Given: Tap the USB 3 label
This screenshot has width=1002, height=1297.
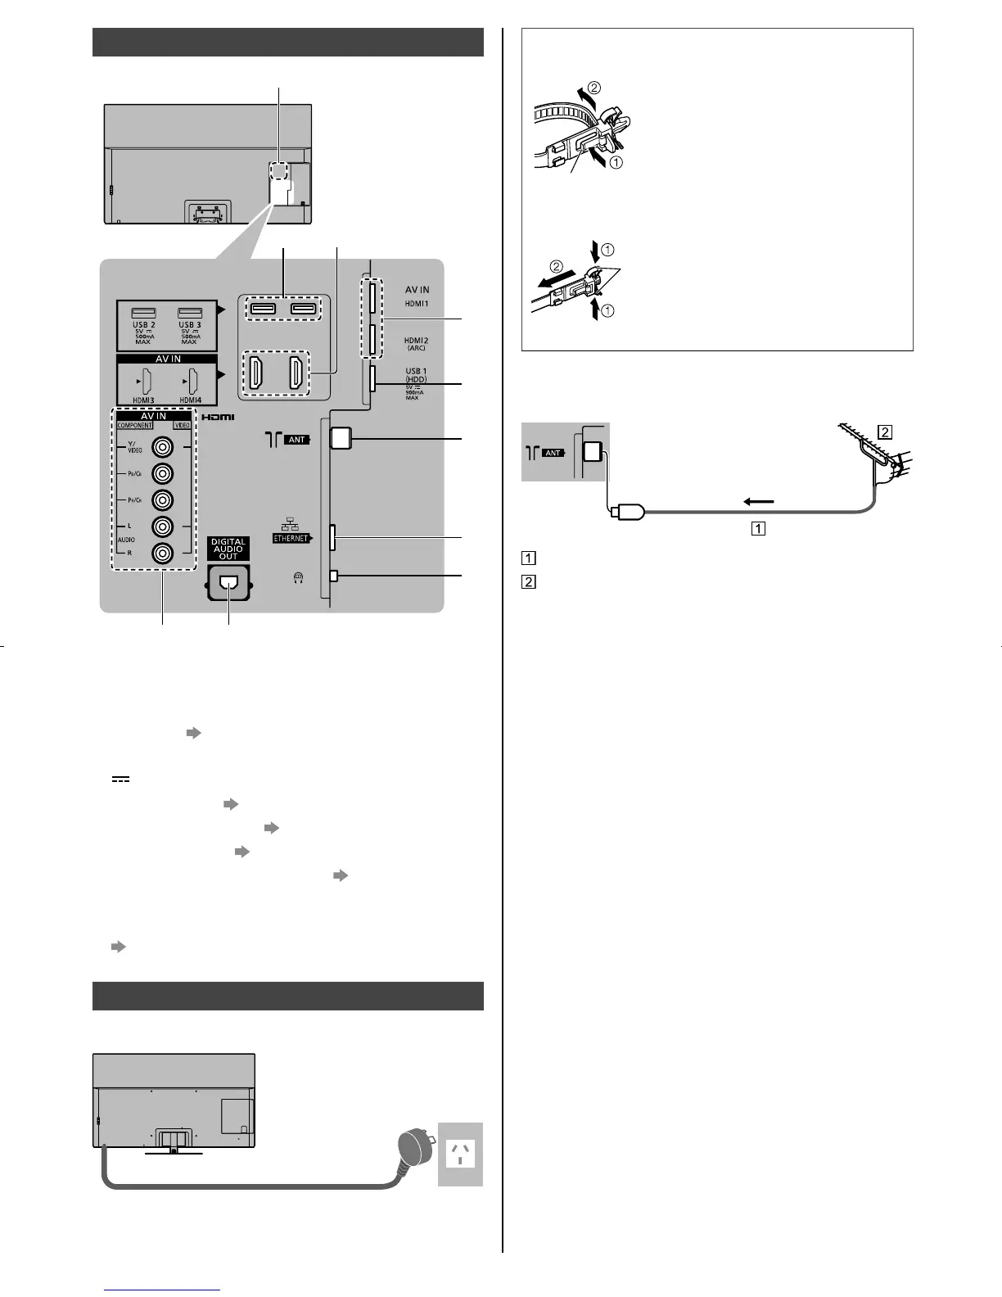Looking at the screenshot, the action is [x=189, y=326].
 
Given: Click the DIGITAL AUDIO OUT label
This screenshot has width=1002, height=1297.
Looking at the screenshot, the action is [x=228, y=549].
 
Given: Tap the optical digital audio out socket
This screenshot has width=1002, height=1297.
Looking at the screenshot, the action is [x=228, y=582].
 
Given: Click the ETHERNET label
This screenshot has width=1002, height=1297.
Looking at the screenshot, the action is [x=291, y=539].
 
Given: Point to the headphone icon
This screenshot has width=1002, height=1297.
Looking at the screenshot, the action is [x=298, y=577].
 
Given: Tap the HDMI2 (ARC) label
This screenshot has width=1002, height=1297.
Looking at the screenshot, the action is [x=417, y=343].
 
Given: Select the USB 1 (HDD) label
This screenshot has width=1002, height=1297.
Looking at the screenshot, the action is [x=416, y=375].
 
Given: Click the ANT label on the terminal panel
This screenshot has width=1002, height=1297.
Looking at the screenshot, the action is [x=296, y=440].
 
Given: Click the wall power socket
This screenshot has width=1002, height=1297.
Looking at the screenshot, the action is [x=461, y=1154].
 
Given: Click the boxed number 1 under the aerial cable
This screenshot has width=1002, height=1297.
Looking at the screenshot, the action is [x=759, y=528].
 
